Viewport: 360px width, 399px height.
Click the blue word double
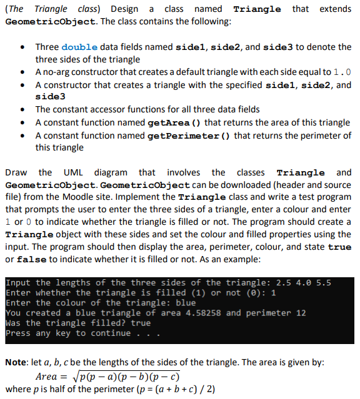point(80,47)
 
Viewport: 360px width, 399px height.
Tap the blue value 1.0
point(342,72)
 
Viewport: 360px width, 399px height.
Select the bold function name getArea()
point(172,122)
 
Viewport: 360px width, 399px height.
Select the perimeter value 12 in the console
point(300,313)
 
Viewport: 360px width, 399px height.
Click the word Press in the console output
point(18,333)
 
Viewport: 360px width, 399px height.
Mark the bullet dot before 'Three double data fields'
point(22,47)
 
